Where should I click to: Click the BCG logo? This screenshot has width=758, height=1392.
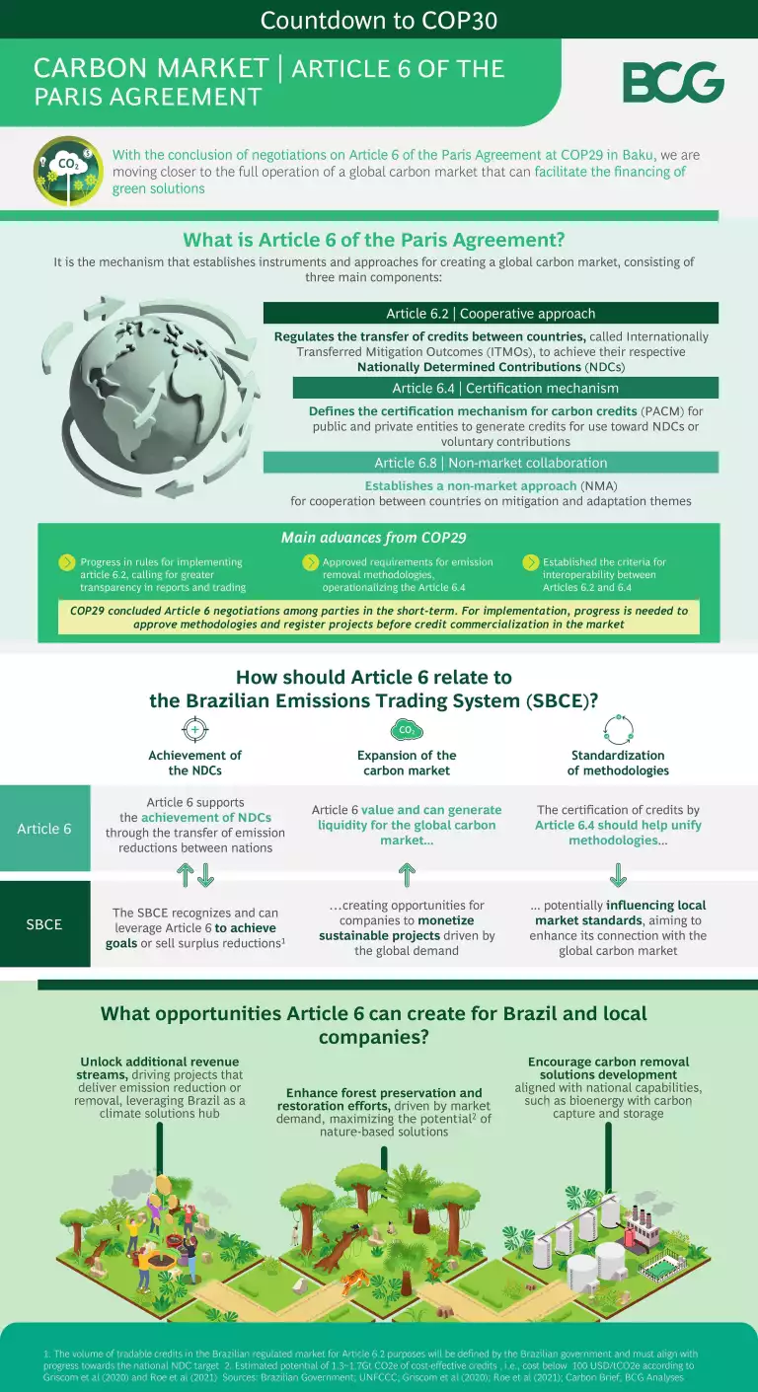(673, 82)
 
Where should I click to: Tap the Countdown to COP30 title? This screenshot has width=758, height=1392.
(379, 20)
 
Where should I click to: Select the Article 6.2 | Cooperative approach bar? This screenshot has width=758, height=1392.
(491, 314)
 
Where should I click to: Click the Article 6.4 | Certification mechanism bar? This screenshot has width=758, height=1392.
(505, 388)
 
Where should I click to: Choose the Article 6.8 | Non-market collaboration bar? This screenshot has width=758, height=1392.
(491, 463)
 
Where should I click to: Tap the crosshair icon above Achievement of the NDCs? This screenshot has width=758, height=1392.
(194, 730)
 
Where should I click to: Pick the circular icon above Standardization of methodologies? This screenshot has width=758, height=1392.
(618, 730)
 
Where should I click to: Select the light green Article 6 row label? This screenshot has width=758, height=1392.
(44, 829)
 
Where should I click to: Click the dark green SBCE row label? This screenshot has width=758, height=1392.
(44, 924)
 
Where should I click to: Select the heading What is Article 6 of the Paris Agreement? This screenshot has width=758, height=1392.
(374, 240)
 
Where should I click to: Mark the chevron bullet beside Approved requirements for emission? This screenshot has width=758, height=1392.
(310, 562)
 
